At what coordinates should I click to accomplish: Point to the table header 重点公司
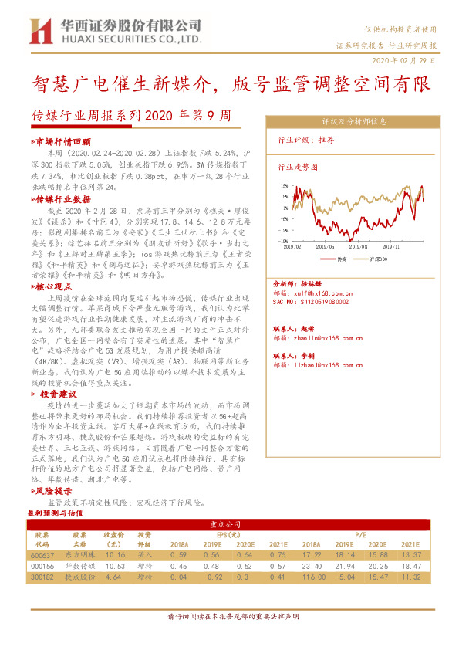(228, 523)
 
